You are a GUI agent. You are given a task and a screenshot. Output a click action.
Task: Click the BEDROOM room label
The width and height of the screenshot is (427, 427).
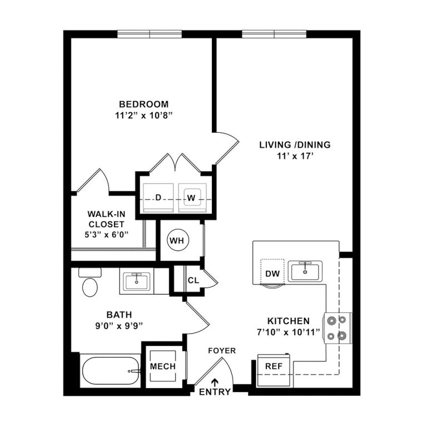click(x=143, y=104)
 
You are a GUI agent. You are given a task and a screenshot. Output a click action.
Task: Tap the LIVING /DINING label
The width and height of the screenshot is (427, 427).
click(x=295, y=145)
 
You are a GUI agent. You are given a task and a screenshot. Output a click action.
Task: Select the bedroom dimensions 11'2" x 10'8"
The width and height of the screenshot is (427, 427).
click(x=143, y=116)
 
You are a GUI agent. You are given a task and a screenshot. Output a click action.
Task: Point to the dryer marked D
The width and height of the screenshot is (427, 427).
click(x=158, y=198)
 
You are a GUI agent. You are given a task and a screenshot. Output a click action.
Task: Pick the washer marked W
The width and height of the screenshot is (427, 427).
click(x=192, y=198)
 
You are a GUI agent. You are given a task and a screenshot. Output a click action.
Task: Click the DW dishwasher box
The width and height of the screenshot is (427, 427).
click(x=272, y=272)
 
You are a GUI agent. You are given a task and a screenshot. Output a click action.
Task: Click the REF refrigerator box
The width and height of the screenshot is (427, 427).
click(x=273, y=367)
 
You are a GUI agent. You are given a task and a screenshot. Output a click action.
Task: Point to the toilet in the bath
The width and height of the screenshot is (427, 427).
click(x=90, y=284)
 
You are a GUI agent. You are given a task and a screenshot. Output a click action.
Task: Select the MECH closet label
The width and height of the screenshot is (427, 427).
click(x=163, y=367)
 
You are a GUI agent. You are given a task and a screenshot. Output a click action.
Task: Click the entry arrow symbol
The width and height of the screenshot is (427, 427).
click(x=215, y=381)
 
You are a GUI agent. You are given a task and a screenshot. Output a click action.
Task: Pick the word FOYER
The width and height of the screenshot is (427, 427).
click(x=222, y=351)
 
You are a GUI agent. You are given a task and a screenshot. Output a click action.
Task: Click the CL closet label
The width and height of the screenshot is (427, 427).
click(x=193, y=280)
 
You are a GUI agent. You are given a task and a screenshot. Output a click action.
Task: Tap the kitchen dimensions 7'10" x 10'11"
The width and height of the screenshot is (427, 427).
click(x=289, y=333)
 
